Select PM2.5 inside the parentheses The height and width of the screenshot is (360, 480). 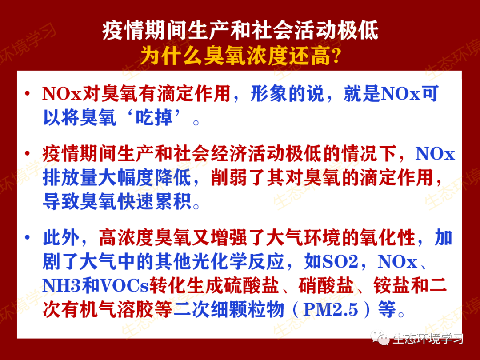(330, 310)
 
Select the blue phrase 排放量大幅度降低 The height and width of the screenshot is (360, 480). (117, 179)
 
